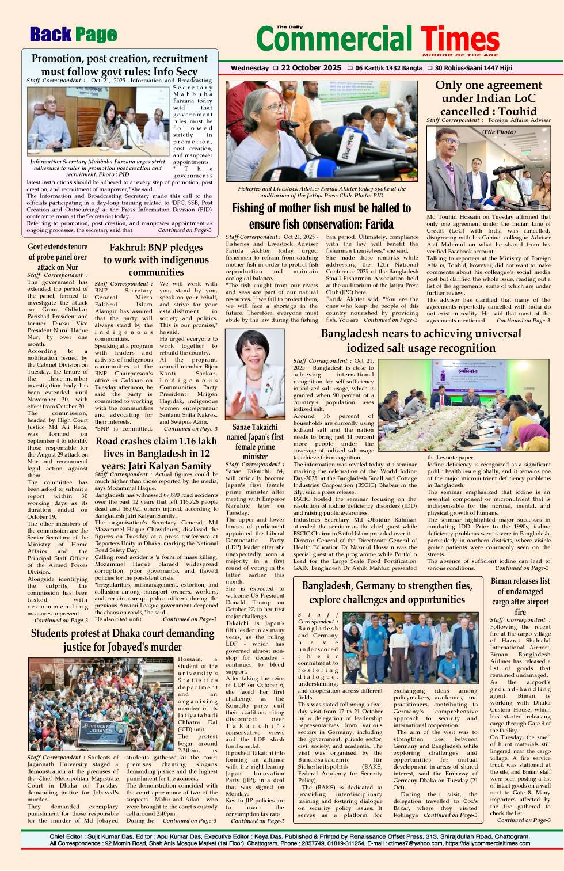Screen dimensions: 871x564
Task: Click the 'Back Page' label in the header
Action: tap(73, 35)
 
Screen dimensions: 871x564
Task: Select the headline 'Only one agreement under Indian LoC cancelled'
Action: tap(488, 98)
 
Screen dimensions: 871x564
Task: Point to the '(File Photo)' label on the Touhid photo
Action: tap(499, 132)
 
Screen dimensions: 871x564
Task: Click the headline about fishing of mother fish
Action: tap(321, 216)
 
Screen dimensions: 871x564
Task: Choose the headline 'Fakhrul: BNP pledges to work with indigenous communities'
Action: tap(156, 260)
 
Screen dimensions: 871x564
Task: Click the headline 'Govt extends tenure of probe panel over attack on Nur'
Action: tap(58, 257)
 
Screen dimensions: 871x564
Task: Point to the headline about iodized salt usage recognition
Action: tap(421, 341)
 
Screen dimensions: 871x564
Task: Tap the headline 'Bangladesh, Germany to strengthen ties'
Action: tap(387, 592)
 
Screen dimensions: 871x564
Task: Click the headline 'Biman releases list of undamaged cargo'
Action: tap(520, 596)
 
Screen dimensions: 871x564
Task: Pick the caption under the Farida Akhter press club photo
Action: tap(321, 192)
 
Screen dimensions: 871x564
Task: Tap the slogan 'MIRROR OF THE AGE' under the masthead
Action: tap(460, 55)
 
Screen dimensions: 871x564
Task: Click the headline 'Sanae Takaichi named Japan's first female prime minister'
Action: tap(255, 442)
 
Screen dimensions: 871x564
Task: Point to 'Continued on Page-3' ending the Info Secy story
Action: tap(185, 230)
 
